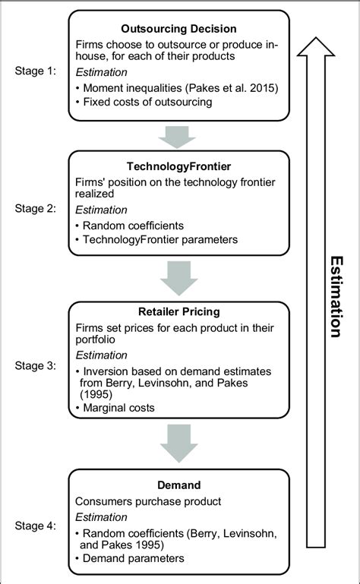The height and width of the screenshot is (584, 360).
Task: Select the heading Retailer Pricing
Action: (179, 311)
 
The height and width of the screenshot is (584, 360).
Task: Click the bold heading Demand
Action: (179, 485)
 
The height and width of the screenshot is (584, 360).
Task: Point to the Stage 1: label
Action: (36, 71)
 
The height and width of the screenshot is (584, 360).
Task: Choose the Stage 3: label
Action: (36, 365)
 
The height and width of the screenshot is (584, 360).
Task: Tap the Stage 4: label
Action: (36, 523)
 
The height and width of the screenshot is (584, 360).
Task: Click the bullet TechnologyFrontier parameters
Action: (162, 240)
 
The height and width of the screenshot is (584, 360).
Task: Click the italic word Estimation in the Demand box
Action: (102, 516)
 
